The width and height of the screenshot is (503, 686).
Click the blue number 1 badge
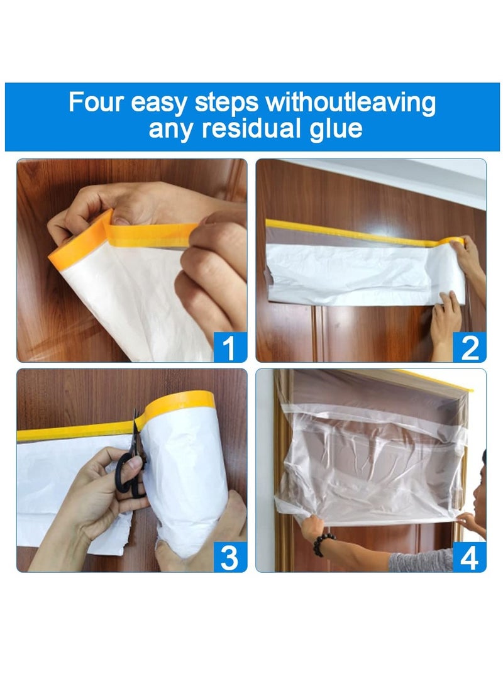[229, 347]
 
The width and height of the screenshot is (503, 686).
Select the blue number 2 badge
[469, 347]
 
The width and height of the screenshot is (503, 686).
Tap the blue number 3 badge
[229, 557]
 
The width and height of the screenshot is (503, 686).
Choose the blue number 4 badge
[469, 557]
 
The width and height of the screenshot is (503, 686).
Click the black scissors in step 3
[131, 465]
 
